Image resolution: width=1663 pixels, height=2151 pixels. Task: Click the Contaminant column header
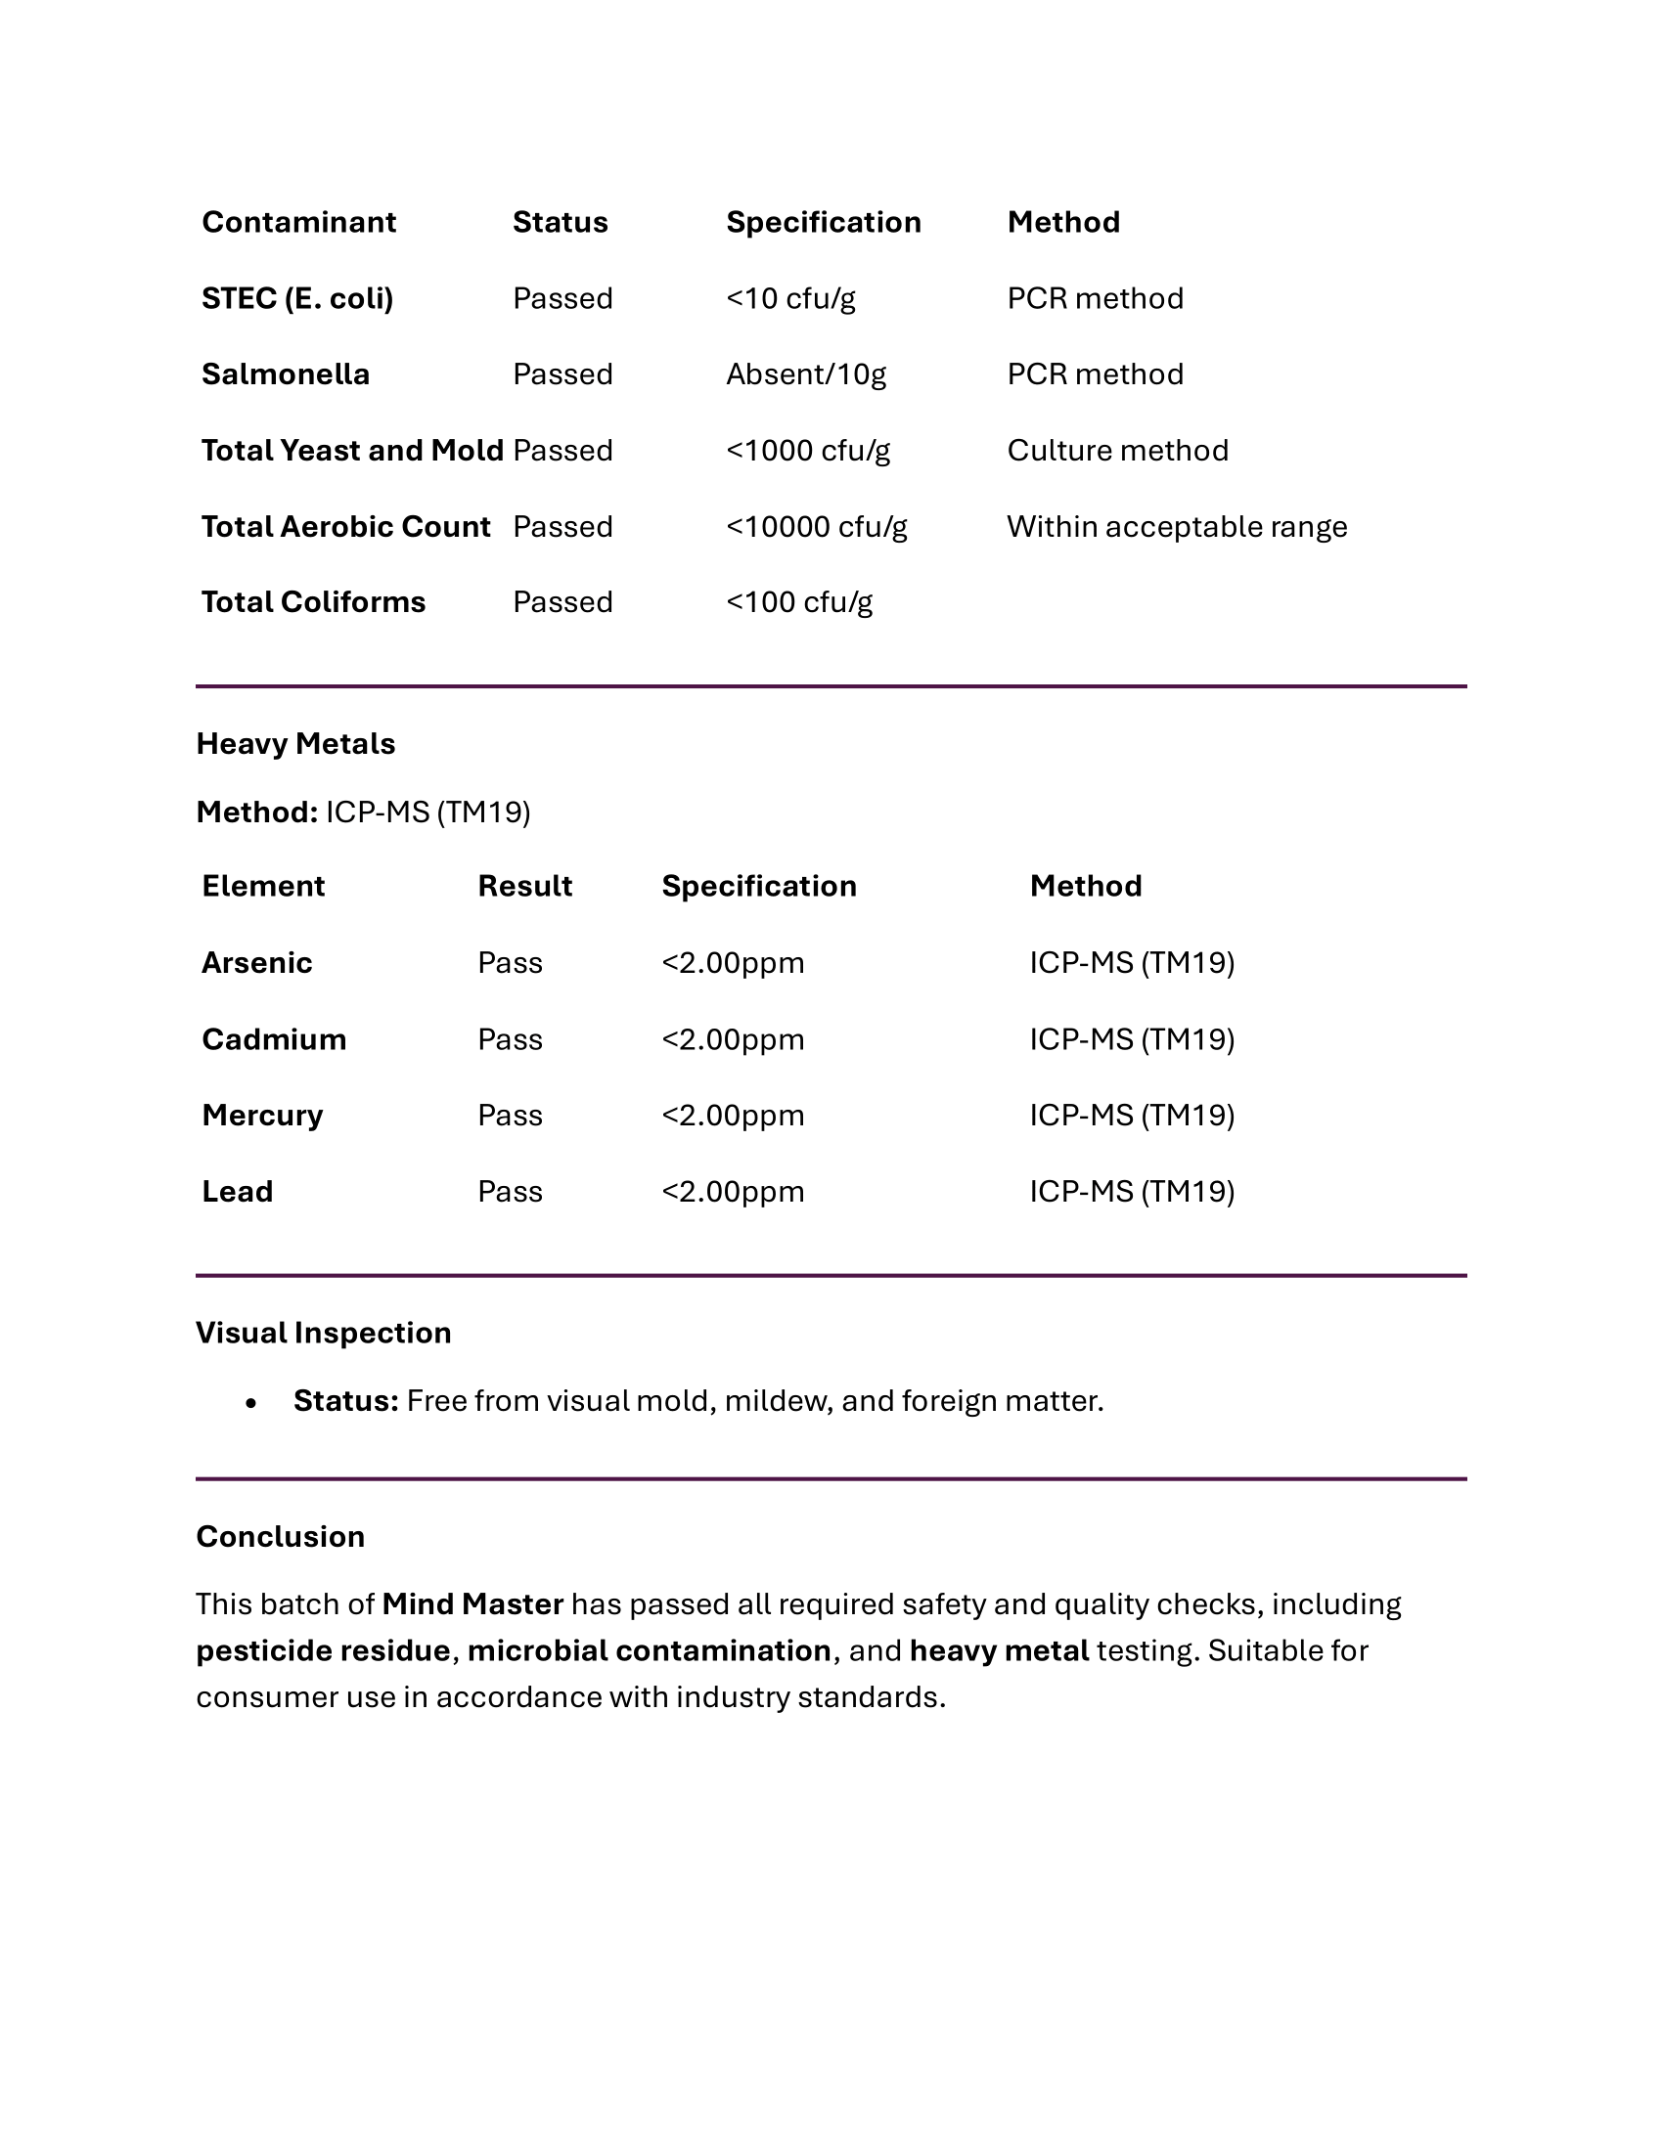298,223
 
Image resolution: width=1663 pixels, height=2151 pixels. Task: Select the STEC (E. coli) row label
297,298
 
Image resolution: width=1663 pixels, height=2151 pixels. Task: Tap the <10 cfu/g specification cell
790,298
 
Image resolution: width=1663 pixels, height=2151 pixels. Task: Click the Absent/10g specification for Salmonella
806,374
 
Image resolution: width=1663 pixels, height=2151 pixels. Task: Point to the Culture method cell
1117,450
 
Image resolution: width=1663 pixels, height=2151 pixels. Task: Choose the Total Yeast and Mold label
352,450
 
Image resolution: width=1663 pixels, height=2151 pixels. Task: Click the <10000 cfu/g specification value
816,527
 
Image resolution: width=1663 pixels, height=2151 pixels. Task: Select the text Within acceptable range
1176,527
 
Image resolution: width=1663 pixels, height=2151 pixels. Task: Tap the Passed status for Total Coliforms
562,601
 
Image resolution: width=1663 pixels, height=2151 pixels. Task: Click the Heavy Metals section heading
295,744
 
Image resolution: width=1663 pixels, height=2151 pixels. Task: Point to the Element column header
263,887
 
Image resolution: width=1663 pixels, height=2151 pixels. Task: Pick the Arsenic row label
257,962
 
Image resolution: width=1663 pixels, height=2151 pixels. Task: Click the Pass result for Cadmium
510,1039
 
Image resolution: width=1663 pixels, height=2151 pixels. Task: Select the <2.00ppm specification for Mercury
732,1115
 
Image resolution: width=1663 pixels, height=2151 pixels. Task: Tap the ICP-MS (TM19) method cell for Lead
1131,1192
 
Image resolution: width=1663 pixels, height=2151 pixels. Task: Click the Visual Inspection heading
323,1333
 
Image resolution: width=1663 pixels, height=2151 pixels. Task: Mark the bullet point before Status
251,1402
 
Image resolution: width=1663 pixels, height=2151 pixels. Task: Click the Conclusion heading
281,1536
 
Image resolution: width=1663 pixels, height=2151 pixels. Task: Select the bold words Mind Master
472,1604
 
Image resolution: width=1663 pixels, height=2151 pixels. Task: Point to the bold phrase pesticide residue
323,1650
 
